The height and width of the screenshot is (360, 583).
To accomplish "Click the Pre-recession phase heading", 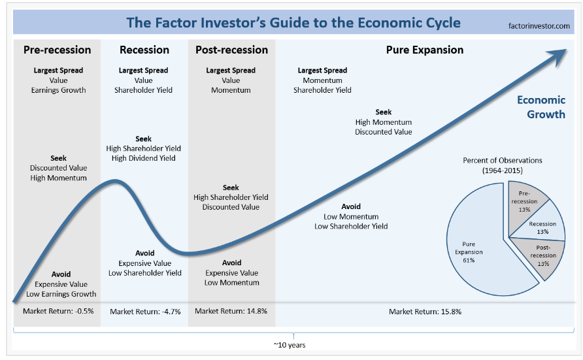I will pos(58,50).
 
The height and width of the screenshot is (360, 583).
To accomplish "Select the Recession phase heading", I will pos(144,50).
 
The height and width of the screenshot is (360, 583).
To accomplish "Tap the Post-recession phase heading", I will pos(231,50).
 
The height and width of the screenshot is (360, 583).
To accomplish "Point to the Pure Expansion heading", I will pos(424,50).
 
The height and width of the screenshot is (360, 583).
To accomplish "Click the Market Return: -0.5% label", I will pos(58,312).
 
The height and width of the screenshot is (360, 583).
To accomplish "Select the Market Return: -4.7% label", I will pos(145,312).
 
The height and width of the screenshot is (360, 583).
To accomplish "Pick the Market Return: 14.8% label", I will pos(231,312).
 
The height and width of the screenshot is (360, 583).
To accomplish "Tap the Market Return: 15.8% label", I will pos(425,312).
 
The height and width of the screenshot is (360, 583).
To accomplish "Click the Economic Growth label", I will pos(541,107).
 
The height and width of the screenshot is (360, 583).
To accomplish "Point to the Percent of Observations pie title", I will pos(503,165).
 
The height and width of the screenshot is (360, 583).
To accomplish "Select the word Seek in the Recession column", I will pos(144,139).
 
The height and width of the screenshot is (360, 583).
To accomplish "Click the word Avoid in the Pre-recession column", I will pos(61,274).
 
